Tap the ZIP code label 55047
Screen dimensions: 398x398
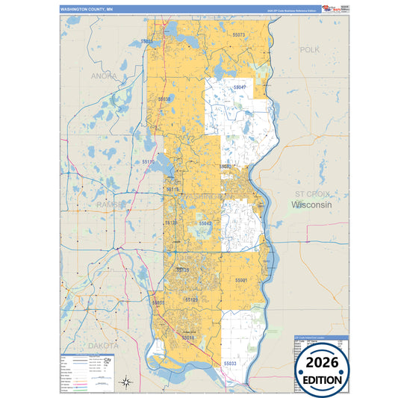tap(240, 87)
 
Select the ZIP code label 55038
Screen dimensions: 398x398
tap(164, 99)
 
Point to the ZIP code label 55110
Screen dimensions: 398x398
tap(148, 161)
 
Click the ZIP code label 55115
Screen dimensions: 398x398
tap(172, 190)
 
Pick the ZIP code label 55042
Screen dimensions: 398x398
tap(205, 223)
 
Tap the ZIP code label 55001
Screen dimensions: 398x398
tap(241, 279)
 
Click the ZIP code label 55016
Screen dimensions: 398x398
tap(189, 338)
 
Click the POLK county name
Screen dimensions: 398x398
tap(309, 49)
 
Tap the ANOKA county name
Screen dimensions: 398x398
tap(104, 75)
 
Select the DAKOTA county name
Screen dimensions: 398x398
tap(104, 346)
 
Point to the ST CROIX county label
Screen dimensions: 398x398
tap(311, 193)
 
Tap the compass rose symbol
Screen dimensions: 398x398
tap(128, 382)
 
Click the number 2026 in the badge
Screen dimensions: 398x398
tap(324, 364)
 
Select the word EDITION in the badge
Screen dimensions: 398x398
tap(324, 380)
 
